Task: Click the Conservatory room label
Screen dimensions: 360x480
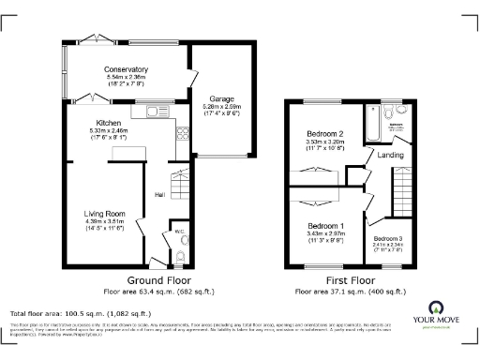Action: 127,68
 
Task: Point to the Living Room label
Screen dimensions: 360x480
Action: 100,213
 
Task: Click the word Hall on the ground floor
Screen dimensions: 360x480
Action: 161,195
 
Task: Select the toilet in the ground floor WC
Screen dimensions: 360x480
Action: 180,253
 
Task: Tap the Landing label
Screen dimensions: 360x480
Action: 391,156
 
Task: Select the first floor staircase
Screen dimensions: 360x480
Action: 403,193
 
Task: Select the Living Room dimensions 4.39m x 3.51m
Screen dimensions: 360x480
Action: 100,221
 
